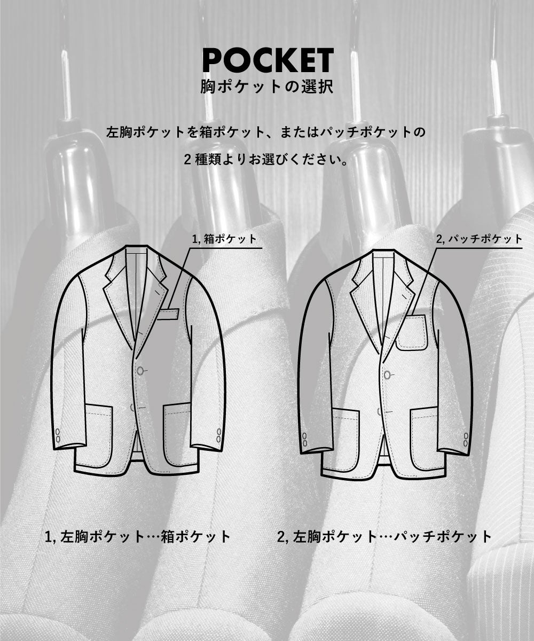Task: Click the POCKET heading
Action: point(268,60)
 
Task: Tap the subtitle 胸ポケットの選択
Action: point(267,87)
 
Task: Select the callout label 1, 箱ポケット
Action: point(225,239)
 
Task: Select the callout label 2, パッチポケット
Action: point(480,239)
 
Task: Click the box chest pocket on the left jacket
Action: point(168,315)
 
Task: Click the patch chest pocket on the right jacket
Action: point(412,332)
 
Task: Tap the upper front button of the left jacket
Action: point(140,371)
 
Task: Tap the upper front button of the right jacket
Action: point(388,374)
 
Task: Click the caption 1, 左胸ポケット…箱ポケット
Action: point(137,537)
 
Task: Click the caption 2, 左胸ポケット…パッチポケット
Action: point(384,537)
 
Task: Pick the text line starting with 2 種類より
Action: point(267,160)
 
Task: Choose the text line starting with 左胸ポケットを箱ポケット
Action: point(266,132)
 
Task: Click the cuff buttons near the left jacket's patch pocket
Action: point(58,436)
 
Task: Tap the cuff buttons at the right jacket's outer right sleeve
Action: point(466,440)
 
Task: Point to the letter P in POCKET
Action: point(212,61)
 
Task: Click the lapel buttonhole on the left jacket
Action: point(157,291)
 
